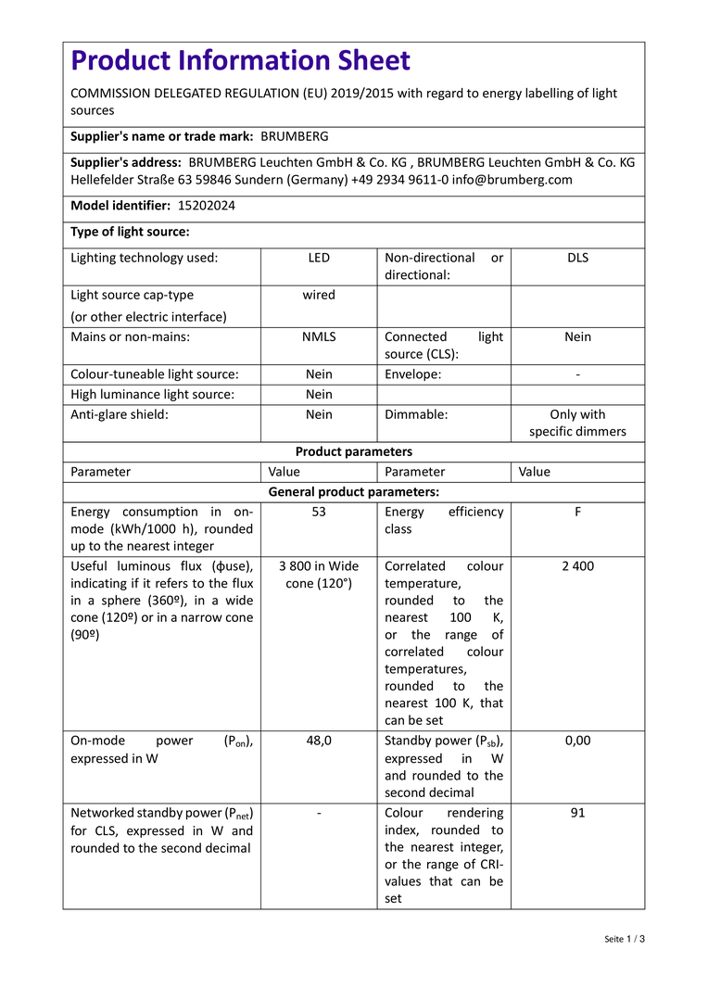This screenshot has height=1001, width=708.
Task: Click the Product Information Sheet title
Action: (241, 61)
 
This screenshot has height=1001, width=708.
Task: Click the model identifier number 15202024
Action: (207, 206)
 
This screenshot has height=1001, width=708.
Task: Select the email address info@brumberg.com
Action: (512, 180)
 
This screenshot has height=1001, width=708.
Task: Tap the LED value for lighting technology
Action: (319, 258)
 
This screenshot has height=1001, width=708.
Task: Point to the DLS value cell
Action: (577, 258)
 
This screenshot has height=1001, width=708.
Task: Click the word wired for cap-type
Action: (319, 295)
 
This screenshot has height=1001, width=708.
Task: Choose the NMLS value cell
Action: (319, 337)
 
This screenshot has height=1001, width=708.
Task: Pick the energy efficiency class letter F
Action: (577, 512)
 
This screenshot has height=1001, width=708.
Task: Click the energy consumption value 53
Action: (319, 512)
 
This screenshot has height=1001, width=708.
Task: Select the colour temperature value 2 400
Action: (577, 566)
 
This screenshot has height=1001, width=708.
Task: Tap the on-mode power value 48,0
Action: (319, 741)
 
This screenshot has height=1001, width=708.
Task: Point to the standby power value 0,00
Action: (577, 741)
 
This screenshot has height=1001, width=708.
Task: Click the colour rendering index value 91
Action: (577, 813)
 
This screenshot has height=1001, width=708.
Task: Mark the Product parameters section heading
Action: (354, 451)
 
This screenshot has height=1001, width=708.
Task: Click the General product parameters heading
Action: (354, 492)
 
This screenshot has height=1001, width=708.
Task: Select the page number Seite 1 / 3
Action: (625, 939)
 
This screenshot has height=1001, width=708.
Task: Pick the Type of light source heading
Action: (130, 232)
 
